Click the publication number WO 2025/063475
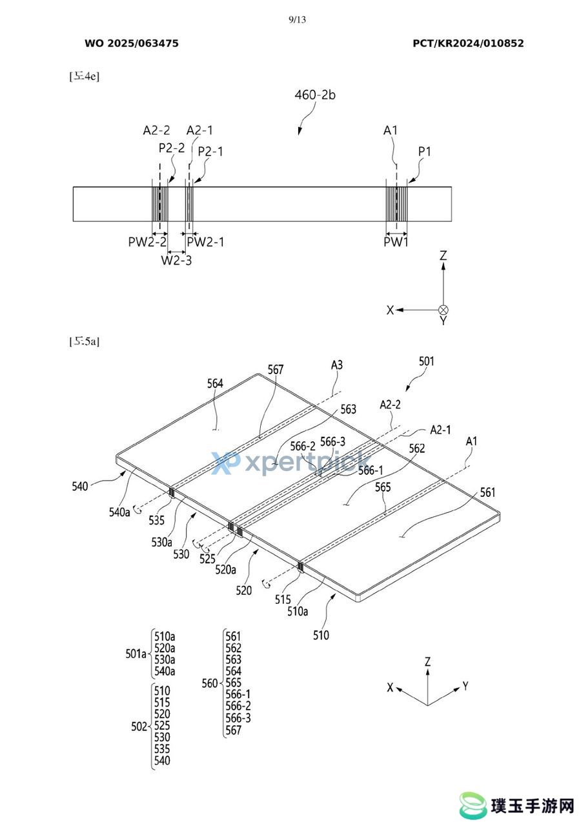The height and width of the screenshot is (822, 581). [132, 43]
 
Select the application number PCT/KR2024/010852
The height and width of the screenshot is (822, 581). [468, 43]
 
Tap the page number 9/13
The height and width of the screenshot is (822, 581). [297, 19]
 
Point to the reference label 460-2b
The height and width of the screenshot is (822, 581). [315, 95]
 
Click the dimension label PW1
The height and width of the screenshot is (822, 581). [396, 242]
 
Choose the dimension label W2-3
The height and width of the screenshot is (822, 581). [176, 261]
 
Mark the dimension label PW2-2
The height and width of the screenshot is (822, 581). [147, 242]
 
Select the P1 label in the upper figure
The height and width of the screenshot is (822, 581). [425, 151]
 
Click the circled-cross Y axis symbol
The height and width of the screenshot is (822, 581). [443, 310]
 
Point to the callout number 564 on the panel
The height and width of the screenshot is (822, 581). [215, 383]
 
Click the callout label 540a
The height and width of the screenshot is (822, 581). [119, 512]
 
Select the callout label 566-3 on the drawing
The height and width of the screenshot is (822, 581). [332, 441]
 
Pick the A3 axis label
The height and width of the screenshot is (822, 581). [337, 365]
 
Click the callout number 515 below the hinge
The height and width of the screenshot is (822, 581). [283, 599]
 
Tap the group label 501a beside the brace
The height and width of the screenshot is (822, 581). [136, 654]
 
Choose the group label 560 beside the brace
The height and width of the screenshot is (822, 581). [210, 683]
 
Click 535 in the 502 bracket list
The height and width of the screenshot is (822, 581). [162, 749]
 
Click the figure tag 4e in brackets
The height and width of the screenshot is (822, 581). [84, 76]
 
